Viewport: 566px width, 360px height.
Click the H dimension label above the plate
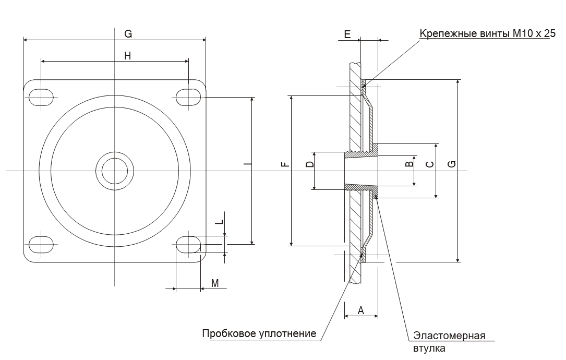(x=128, y=55)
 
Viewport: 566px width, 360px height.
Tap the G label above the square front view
(x=128, y=34)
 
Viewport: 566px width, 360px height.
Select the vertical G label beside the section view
(x=452, y=164)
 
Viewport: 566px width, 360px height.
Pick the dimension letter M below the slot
(x=215, y=283)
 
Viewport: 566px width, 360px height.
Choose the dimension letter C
(x=430, y=164)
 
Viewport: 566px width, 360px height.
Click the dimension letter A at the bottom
(x=361, y=310)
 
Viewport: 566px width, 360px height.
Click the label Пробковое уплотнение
(x=259, y=333)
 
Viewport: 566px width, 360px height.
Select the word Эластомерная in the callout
(x=449, y=335)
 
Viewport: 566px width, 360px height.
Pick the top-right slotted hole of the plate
(x=188, y=97)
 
